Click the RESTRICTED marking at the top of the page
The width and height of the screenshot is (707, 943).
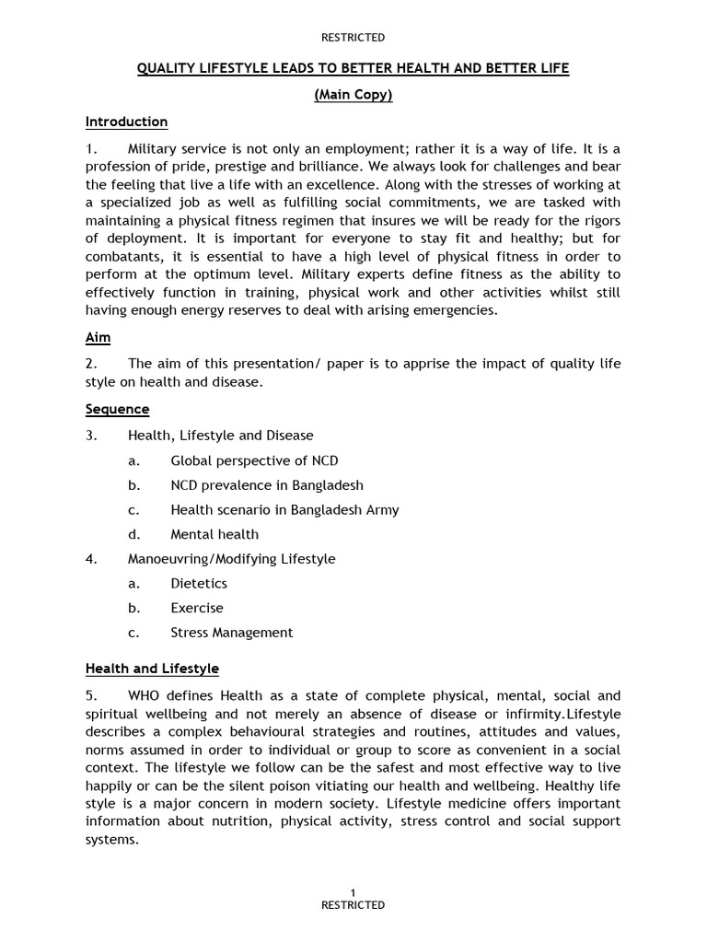pyautogui.click(x=353, y=38)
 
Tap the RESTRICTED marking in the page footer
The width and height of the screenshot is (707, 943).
pyautogui.click(x=353, y=905)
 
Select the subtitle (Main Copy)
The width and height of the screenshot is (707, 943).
pyautogui.click(x=353, y=96)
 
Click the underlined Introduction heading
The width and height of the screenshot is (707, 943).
pyautogui.click(x=126, y=122)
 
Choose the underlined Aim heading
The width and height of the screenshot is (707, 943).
pyautogui.click(x=98, y=338)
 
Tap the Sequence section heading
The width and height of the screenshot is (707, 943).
pyautogui.click(x=117, y=409)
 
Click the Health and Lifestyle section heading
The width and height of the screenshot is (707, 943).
pyautogui.click(x=152, y=669)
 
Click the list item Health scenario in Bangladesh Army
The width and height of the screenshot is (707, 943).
pyautogui.click(x=284, y=509)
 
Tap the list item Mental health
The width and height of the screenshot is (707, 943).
pyautogui.click(x=214, y=534)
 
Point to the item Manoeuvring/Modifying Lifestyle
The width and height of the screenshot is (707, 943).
pyautogui.click(x=231, y=558)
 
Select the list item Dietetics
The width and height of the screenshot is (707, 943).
pyautogui.click(x=199, y=583)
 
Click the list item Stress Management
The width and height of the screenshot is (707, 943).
pyautogui.click(x=231, y=633)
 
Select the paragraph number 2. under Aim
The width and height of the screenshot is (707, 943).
pyautogui.click(x=91, y=364)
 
